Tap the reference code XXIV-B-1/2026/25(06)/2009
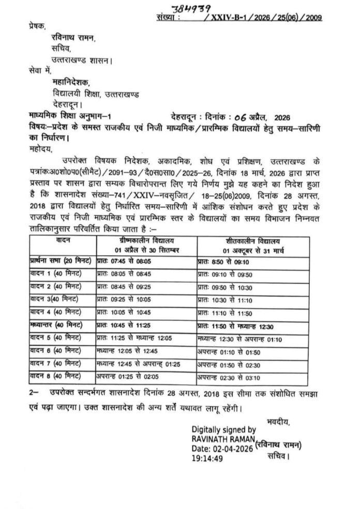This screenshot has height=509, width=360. click(264, 18)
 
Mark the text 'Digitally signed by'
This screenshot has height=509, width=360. click(223, 429)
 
